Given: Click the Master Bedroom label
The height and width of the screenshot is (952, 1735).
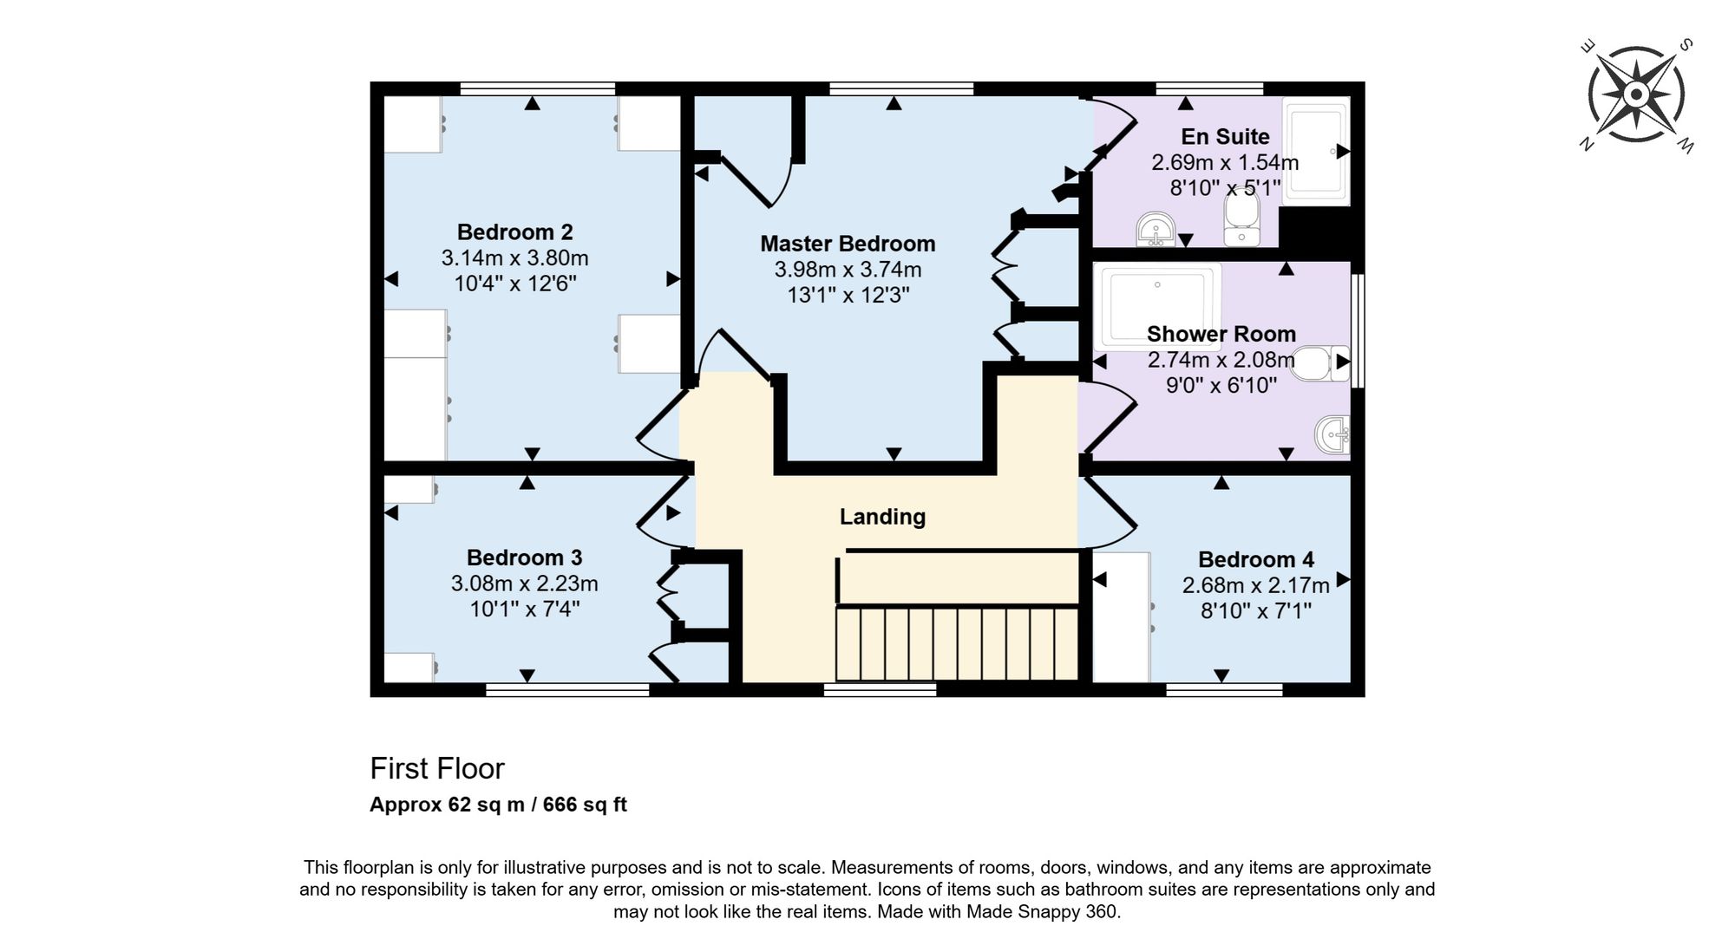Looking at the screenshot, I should coord(848,244).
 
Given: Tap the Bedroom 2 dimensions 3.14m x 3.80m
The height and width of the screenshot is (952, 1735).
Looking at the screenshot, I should coord(514,258).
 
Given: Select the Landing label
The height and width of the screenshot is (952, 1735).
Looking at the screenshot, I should coord(882,517).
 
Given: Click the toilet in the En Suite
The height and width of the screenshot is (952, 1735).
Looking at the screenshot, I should coord(1241,219).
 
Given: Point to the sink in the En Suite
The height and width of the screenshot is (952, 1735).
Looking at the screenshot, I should coord(1156,230).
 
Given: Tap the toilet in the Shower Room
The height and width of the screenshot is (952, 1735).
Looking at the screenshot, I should coord(1319,363).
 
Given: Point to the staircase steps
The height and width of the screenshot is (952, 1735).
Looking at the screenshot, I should coord(957,644).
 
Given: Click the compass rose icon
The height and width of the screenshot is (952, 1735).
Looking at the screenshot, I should coord(1636,94).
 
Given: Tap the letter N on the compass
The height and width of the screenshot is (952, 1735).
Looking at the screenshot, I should coord(1587,145).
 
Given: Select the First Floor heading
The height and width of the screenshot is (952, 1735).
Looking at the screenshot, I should coord(436,769).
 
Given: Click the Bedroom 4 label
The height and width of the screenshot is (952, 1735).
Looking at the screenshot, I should coord(1255,559).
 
